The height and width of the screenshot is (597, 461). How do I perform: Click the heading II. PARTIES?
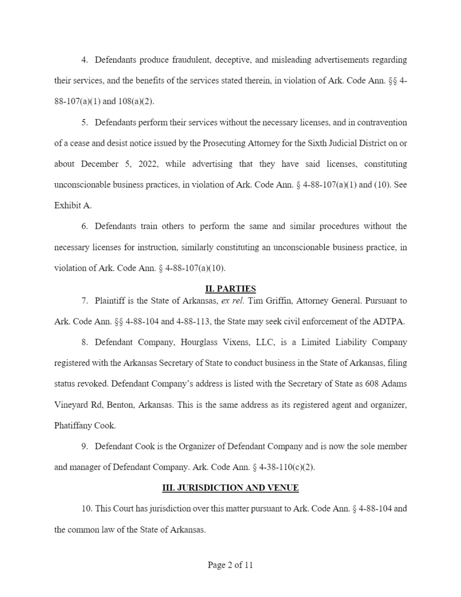pyautogui.click(x=230, y=289)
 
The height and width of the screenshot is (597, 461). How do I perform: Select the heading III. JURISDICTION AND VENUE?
pyautogui.click(x=230, y=488)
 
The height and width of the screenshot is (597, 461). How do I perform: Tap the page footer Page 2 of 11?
pyautogui.click(x=230, y=565)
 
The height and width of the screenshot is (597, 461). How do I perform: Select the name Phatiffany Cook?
pyautogui.click(x=85, y=425)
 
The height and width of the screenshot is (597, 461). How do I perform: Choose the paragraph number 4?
pyautogui.click(x=85, y=60)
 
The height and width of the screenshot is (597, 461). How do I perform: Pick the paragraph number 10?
pyautogui.click(x=87, y=509)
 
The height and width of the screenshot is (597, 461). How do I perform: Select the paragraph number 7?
pyautogui.click(x=85, y=300)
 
